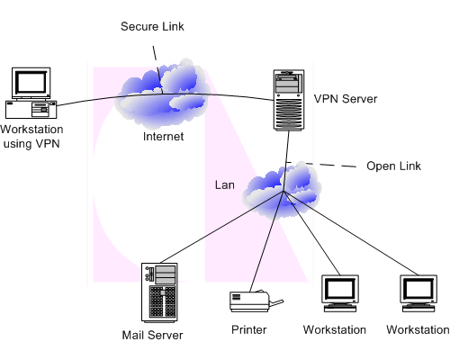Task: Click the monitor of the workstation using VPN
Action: click(x=31, y=83)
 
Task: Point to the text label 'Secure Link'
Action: click(x=153, y=26)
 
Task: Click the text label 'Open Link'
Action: click(x=392, y=166)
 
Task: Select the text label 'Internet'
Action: click(x=163, y=137)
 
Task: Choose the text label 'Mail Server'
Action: click(x=152, y=336)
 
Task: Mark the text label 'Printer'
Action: click(x=248, y=330)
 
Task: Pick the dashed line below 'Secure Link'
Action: click(x=157, y=58)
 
